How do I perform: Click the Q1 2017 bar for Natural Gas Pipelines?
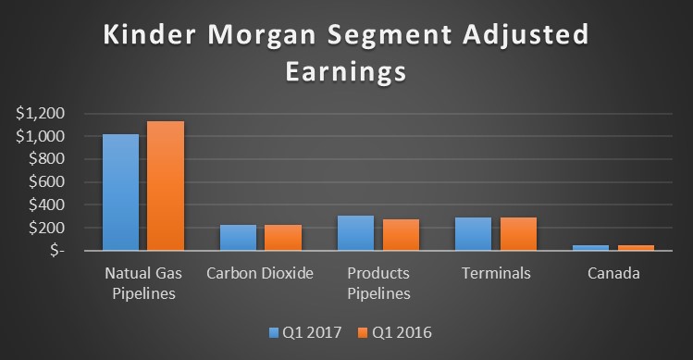click(x=120, y=192)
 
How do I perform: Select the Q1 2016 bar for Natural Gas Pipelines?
click(x=166, y=186)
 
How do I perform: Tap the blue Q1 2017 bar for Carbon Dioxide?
click(x=238, y=238)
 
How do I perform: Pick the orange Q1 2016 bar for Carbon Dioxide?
click(x=283, y=238)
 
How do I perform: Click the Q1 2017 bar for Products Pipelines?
click(x=355, y=233)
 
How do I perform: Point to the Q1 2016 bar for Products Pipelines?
click(x=401, y=235)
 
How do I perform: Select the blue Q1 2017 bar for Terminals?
click(x=473, y=234)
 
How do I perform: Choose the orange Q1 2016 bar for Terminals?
click(x=518, y=234)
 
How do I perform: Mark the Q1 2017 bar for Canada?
click(x=590, y=247)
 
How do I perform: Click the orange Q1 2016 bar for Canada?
click(x=636, y=247)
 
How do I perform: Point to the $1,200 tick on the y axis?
click(x=40, y=114)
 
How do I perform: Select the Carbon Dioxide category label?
click(x=260, y=274)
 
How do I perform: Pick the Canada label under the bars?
click(x=613, y=274)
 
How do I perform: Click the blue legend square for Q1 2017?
click(x=274, y=330)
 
